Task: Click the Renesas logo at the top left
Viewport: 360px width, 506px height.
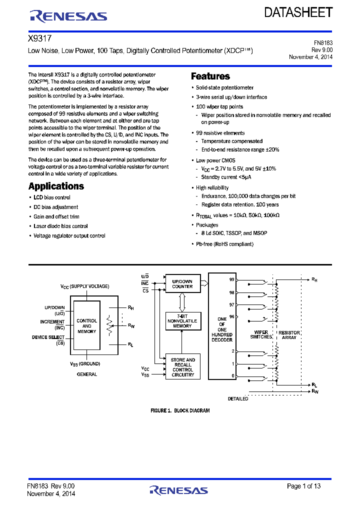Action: click(68, 16)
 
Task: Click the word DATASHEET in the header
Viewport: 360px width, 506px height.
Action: click(298, 12)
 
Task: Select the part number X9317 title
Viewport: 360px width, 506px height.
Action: click(40, 38)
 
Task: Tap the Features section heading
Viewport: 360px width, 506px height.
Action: click(210, 76)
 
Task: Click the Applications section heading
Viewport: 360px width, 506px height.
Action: click(56, 186)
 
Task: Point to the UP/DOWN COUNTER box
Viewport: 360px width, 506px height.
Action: click(182, 283)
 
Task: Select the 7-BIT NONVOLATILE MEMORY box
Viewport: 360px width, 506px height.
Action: click(182, 320)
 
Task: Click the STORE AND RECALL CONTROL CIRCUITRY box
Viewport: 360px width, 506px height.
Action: click(183, 367)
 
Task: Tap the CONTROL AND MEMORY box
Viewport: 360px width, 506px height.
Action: click(86, 326)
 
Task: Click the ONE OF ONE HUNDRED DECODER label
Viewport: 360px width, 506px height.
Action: click(222, 329)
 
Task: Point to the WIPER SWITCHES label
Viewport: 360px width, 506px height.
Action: click(261, 334)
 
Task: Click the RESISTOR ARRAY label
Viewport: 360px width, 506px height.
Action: click(289, 334)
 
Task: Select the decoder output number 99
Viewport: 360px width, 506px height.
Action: click(231, 279)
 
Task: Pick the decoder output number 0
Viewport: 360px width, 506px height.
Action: click(232, 375)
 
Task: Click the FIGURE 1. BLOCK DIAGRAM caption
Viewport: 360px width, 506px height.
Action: click(180, 410)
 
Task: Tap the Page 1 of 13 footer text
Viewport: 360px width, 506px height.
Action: click(303, 486)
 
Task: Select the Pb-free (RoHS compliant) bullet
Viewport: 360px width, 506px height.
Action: click(224, 244)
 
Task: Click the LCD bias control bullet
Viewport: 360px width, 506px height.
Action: click(52, 197)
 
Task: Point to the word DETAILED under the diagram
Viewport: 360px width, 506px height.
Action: click(238, 399)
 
